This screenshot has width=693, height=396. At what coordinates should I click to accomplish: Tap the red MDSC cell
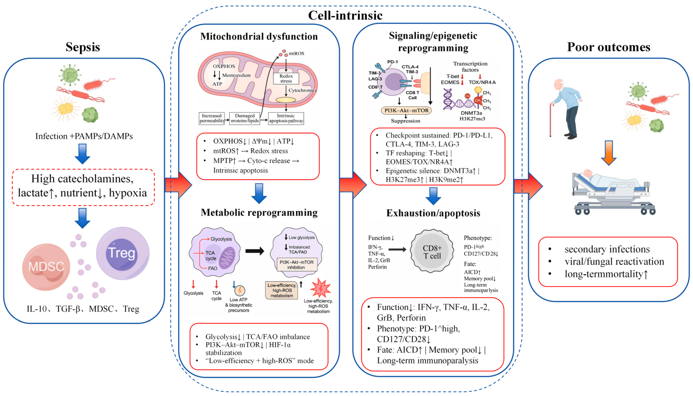(x=46, y=267)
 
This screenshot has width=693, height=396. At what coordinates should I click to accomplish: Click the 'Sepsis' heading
(x=83, y=47)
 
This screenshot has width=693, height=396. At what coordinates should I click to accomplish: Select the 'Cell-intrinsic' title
(x=345, y=15)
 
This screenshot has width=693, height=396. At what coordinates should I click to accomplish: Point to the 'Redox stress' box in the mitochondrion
(x=286, y=78)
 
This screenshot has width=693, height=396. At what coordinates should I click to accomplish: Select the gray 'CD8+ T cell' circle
(x=432, y=252)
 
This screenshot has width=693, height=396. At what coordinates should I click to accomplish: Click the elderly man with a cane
(x=566, y=109)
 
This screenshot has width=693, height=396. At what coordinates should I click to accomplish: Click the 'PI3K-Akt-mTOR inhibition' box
(x=297, y=264)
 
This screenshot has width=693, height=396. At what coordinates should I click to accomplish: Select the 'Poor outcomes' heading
(x=609, y=47)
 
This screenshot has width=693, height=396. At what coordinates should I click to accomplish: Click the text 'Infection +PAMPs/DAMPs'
(x=84, y=136)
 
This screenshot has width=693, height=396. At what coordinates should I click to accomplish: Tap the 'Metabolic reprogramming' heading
(x=259, y=212)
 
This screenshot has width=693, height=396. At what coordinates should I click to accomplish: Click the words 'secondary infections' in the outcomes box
(x=607, y=249)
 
